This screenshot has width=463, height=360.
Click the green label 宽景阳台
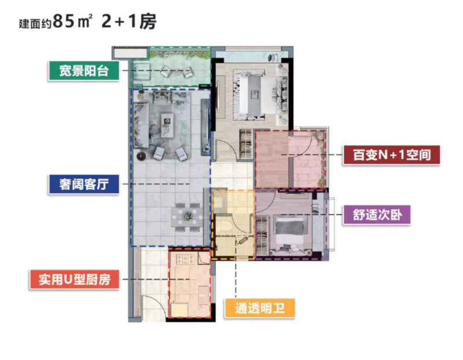84,71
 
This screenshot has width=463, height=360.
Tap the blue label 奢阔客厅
84,184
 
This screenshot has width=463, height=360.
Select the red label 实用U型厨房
75,280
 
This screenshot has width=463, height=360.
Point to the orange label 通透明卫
260,308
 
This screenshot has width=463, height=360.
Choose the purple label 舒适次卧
377,215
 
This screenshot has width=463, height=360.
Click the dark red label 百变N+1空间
392,155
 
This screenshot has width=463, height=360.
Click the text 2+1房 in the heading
128,21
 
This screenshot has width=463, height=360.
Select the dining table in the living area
187,217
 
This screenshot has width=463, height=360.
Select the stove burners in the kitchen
185,259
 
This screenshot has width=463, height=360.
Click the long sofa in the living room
141,125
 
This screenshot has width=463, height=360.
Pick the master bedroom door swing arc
226,150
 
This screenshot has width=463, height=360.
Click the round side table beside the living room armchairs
141,156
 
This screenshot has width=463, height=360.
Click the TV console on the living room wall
205,127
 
